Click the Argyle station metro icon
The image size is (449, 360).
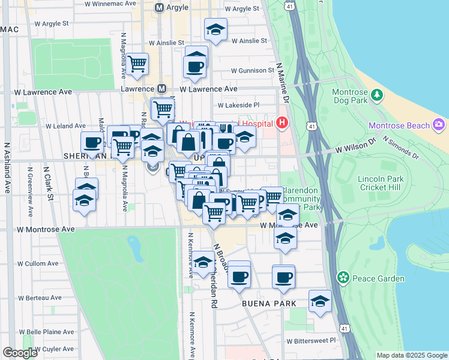[x=159, y=8]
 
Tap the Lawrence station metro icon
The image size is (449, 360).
[x=161, y=88]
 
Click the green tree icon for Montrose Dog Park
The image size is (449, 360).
[x=377, y=94]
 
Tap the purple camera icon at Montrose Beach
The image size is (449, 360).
[x=439, y=125]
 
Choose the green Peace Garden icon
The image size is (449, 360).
[x=343, y=278]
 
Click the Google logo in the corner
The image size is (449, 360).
[x=20, y=353]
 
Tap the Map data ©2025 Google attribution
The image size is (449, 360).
[x=411, y=355]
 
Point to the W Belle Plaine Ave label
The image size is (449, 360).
[x=46, y=331]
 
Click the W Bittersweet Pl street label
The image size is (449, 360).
[x=312, y=341]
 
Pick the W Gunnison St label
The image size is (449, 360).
[x=247, y=70]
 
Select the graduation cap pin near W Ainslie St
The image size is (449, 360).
[x=215, y=29]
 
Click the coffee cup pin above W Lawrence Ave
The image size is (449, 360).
[x=196, y=66]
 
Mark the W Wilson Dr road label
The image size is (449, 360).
[x=355, y=145]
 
